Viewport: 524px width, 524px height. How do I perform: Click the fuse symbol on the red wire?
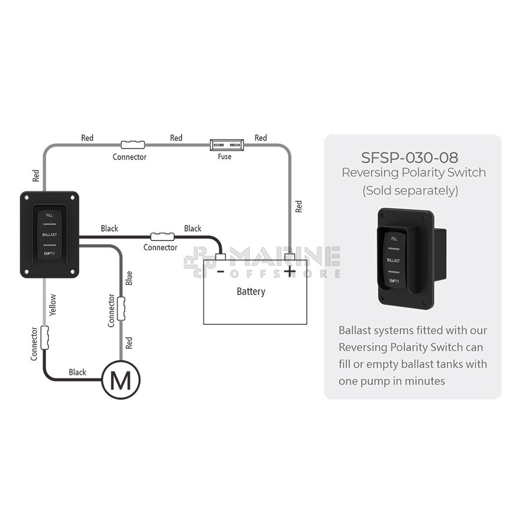coord(227,145)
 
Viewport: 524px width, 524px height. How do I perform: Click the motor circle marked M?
coord(121,380)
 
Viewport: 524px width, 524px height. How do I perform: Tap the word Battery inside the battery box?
coord(251,292)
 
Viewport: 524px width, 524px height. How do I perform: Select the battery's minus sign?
coord(220,271)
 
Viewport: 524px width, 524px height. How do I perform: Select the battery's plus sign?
coord(289,271)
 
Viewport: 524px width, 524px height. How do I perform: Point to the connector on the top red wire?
coord(133,145)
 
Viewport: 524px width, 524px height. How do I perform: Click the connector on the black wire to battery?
coord(162,236)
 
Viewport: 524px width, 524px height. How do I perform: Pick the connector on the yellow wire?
coord(44,338)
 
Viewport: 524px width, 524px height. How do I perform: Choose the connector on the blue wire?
coord(121,309)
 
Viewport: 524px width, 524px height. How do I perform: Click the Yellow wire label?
coord(52,305)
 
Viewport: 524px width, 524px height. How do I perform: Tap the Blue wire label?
coord(129,278)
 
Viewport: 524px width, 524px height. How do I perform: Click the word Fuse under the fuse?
coord(225,157)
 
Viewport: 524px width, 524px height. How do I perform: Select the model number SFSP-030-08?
coord(410,158)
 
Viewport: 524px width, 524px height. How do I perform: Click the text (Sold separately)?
coord(410,190)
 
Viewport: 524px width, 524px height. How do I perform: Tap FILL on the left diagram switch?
coord(49,215)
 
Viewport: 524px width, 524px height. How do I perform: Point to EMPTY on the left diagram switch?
coord(49,254)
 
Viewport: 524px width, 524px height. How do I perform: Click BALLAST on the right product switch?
coord(394,260)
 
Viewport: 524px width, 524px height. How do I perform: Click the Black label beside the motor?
coord(77,372)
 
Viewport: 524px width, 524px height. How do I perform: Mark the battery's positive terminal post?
coord(289,257)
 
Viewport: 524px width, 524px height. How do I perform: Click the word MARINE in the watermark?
coord(285,257)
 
